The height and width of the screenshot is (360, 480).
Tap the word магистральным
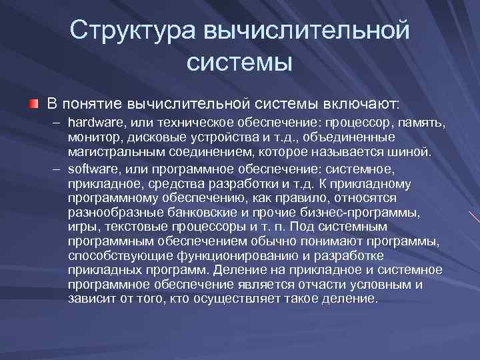[x=112, y=152]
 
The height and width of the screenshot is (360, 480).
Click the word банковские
[x=197, y=212]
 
